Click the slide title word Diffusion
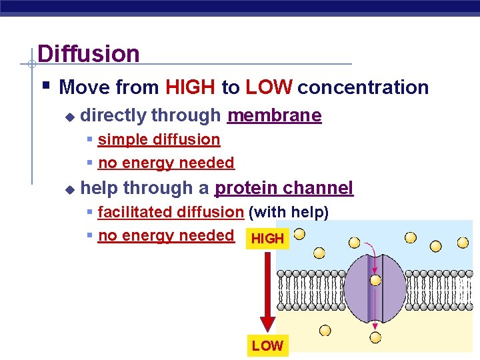click(89, 54)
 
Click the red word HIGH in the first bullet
click(190, 87)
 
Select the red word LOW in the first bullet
click(269, 87)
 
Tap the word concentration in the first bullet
click(363, 87)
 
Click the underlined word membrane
click(274, 116)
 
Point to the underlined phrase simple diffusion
click(159, 140)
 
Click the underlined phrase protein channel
click(283, 189)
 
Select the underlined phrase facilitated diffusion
click(171, 213)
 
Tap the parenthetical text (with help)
click(289, 213)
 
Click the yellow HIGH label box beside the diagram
click(268, 239)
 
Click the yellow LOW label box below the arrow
click(267, 345)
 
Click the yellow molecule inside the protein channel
click(375, 281)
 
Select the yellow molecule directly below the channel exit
click(375, 337)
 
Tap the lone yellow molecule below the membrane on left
click(325, 330)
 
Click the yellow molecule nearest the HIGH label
click(300, 234)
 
